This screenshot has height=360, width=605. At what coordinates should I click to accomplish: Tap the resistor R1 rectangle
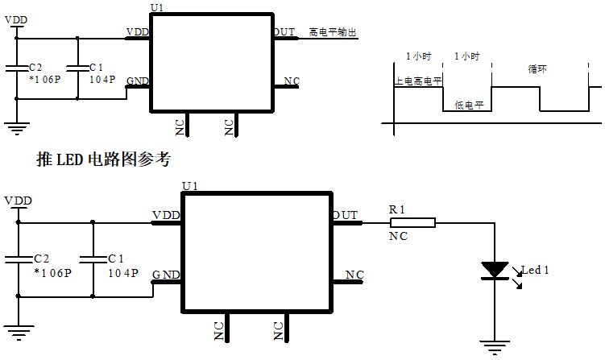point(412,222)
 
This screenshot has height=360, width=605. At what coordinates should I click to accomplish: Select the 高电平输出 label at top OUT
point(332,33)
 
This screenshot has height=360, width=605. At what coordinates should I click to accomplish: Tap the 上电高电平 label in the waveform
point(417,81)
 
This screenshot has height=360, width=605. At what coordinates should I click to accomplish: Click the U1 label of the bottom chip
point(190,186)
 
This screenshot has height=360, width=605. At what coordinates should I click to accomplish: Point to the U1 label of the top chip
point(158,7)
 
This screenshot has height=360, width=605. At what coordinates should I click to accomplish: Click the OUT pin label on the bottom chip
point(345,215)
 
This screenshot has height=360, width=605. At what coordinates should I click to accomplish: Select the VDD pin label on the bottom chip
point(165,215)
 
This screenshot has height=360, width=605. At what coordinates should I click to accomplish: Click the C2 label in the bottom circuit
point(42,259)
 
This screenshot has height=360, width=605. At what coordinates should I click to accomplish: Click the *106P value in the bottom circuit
point(52,273)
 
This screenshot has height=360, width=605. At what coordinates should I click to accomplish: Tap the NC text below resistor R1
point(397,237)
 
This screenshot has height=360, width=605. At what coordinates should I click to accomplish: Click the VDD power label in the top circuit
point(16,19)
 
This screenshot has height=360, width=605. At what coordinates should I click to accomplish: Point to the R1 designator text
point(397,209)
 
